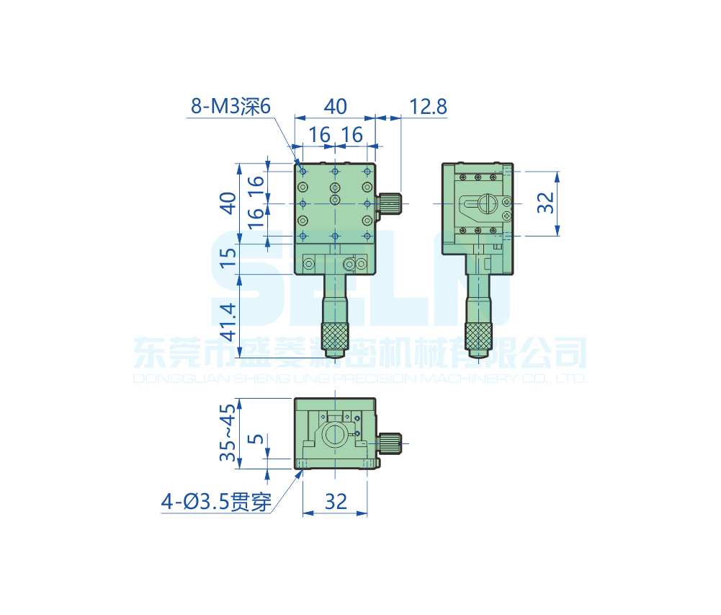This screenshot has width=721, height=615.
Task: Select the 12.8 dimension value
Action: pyautogui.click(x=428, y=107)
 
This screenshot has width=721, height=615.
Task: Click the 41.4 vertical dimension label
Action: pyautogui.click(x=228, y=322)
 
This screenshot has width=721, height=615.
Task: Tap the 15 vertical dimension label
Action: pyautogui.click(x=228, y=257)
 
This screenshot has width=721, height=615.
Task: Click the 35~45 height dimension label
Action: pyautogui.click(x=228, y=433)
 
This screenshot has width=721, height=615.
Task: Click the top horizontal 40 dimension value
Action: pyautogui.click(x=334, y=107)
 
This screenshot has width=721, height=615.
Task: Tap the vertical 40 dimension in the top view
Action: pyautogui.click(x=228, y=203)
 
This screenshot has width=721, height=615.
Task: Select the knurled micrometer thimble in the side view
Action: pyautogui.click(x=478, y=335)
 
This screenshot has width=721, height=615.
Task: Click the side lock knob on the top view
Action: pyautogui.click(x=391, y=203)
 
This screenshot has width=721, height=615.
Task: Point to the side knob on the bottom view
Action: pyautogui.click(x=390, y=442)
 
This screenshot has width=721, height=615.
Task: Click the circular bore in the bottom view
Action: pyautogui.click(x=334, y=435)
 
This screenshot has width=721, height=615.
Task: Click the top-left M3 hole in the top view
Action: pyautogui.click(x=303, y=172)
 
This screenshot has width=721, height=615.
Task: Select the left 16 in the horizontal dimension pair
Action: pyautogui.click(x=319, y=134)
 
